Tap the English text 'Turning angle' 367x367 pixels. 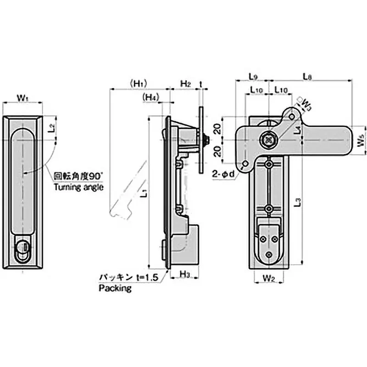tap(79, 187)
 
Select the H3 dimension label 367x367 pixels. tap(184, 274)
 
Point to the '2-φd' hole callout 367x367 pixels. tap(224, 174)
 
